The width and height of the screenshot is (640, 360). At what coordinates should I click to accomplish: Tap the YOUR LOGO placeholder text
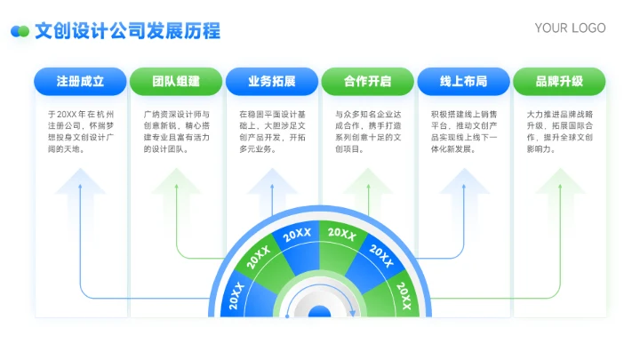coord(570,28)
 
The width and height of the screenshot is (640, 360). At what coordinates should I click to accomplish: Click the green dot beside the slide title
coord(24,31)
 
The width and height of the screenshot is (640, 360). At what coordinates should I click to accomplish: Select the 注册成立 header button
coord(80,82)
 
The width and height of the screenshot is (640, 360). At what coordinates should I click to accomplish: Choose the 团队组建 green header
coord(176,82)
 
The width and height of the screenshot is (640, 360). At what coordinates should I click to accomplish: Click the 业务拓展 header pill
coord(272,82)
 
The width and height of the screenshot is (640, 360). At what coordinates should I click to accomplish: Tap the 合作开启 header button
coord(368,82)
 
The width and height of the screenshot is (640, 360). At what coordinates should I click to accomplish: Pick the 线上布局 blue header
coord(464,82)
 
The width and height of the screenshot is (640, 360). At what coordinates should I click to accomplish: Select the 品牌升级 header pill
coord(560,82)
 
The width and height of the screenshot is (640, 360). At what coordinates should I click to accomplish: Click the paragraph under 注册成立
coord(80,132)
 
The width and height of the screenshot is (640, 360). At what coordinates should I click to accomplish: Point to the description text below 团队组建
coord(176,132)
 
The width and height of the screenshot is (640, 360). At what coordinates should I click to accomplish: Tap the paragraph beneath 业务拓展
coord(272,132)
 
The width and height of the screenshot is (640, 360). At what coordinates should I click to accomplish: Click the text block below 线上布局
coord(464,132)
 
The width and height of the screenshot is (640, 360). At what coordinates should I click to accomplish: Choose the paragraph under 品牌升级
coord(560,132)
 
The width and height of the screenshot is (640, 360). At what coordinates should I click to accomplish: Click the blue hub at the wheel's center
coord(319,312)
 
